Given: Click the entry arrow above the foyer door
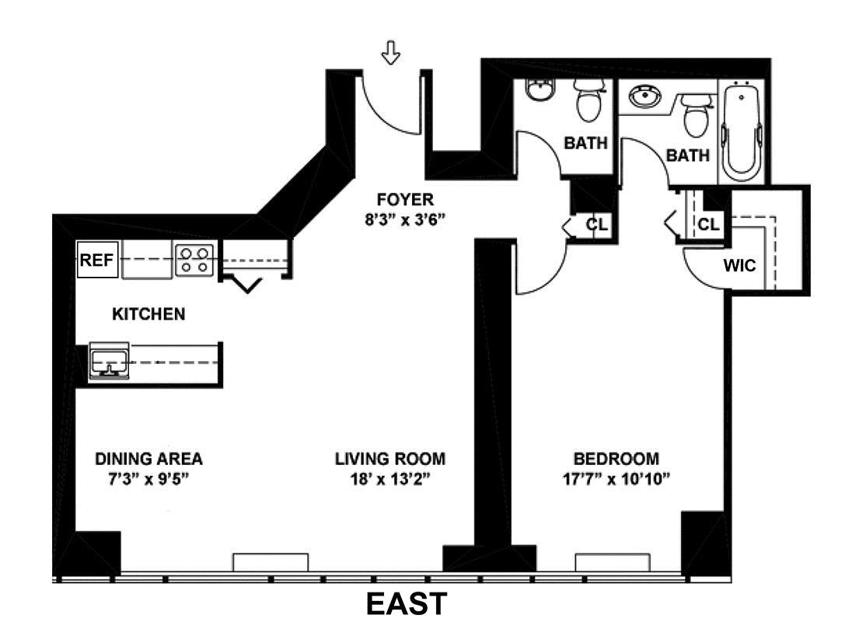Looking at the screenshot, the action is [x=390, y=53].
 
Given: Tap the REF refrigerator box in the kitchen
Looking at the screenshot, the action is [x=97, y=259].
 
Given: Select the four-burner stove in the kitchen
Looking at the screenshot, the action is [x=194, y=260].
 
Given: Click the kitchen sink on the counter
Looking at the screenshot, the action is [x=109, y=361].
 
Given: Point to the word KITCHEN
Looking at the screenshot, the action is [x=148, y=314].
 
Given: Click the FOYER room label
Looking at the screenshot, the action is [x=405, y=199].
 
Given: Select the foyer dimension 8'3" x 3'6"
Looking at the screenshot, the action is [x=405, y=220].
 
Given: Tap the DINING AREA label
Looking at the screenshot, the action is [x=148, y=459].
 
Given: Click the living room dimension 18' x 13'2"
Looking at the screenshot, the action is [x=390, y=480].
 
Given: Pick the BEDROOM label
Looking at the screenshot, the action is [x=616, y=459].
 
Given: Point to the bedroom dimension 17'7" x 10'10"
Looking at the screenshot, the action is [x=616, y=480].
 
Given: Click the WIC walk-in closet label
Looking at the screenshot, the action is [x=739, y=266].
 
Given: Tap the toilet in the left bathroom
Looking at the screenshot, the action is [x=589, y=100].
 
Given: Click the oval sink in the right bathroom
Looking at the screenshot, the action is [x=644, y=97].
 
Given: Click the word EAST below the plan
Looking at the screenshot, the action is [x=407, y=604].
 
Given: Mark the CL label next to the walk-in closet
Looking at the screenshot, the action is [x=708, y=224].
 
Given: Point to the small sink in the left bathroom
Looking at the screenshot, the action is [x=540, y=89].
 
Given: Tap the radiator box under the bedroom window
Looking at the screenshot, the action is [x=613, y=563].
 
